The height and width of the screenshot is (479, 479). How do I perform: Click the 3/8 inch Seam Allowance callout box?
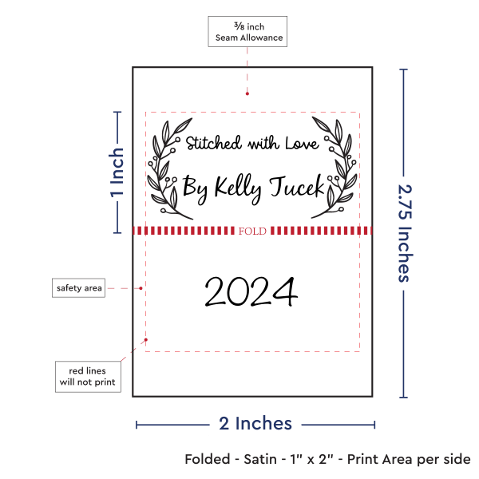[247, 31]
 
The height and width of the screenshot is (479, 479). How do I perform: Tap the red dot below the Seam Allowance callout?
[247, 93]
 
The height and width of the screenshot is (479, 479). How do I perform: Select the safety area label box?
[78, 287]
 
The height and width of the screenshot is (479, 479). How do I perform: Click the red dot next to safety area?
[141, 288]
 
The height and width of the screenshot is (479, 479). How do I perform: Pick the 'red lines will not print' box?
[88, 377]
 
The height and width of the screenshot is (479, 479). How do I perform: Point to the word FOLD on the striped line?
[252, 231]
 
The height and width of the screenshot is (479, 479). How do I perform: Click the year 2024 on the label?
[251, 291]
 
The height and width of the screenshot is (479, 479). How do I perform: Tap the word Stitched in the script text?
[213, 143]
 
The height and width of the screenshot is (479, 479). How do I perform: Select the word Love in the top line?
[302, 143]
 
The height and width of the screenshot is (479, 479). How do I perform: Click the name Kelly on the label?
[238, 188]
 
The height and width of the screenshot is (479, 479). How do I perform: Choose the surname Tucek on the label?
[297, 186]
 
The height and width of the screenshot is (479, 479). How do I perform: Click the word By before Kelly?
[196, 189]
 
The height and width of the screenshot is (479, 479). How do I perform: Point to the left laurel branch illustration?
[170, 168]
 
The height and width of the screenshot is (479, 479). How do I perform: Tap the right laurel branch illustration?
[335, 168]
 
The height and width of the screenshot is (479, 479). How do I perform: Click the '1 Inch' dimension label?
[117, 172]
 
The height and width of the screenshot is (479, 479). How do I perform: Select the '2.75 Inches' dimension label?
[405, 233]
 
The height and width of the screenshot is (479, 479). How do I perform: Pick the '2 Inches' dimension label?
[255, 423]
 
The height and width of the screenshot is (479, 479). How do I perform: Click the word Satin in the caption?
[260, 459]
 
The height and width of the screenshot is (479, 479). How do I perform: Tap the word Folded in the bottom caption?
[208, 459]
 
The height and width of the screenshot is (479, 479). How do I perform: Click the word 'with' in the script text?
[263, 143]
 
